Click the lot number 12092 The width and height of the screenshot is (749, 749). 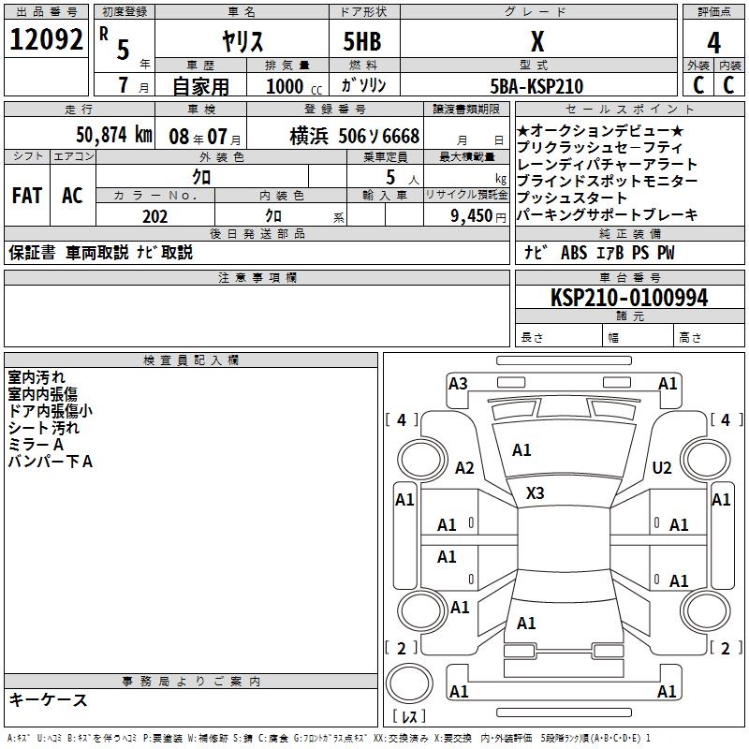tap(48, 40)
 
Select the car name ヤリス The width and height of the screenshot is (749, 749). tap(242, 42)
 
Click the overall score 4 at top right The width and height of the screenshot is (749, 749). tap(713, 43)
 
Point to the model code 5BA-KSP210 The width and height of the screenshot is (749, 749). tap(536, 86)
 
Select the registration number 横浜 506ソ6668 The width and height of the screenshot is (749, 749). tap(354, 136)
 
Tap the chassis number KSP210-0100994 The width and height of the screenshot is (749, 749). tap(629, 299)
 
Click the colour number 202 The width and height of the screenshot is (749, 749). tap(154, 216)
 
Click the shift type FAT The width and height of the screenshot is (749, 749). tap(26, 196)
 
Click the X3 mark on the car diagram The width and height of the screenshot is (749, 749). tap(535, 493)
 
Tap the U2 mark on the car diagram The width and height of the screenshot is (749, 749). tap(662, 468)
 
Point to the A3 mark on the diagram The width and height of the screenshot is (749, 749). tap(458, 383)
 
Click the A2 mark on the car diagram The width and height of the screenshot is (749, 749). tap(464, 468)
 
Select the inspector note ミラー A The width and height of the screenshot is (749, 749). tap(36, 445)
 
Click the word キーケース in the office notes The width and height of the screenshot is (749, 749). tap(48, 700)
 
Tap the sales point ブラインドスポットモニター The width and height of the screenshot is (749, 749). tap(607, 181)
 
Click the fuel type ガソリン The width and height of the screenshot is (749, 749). tap(364, 85)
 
